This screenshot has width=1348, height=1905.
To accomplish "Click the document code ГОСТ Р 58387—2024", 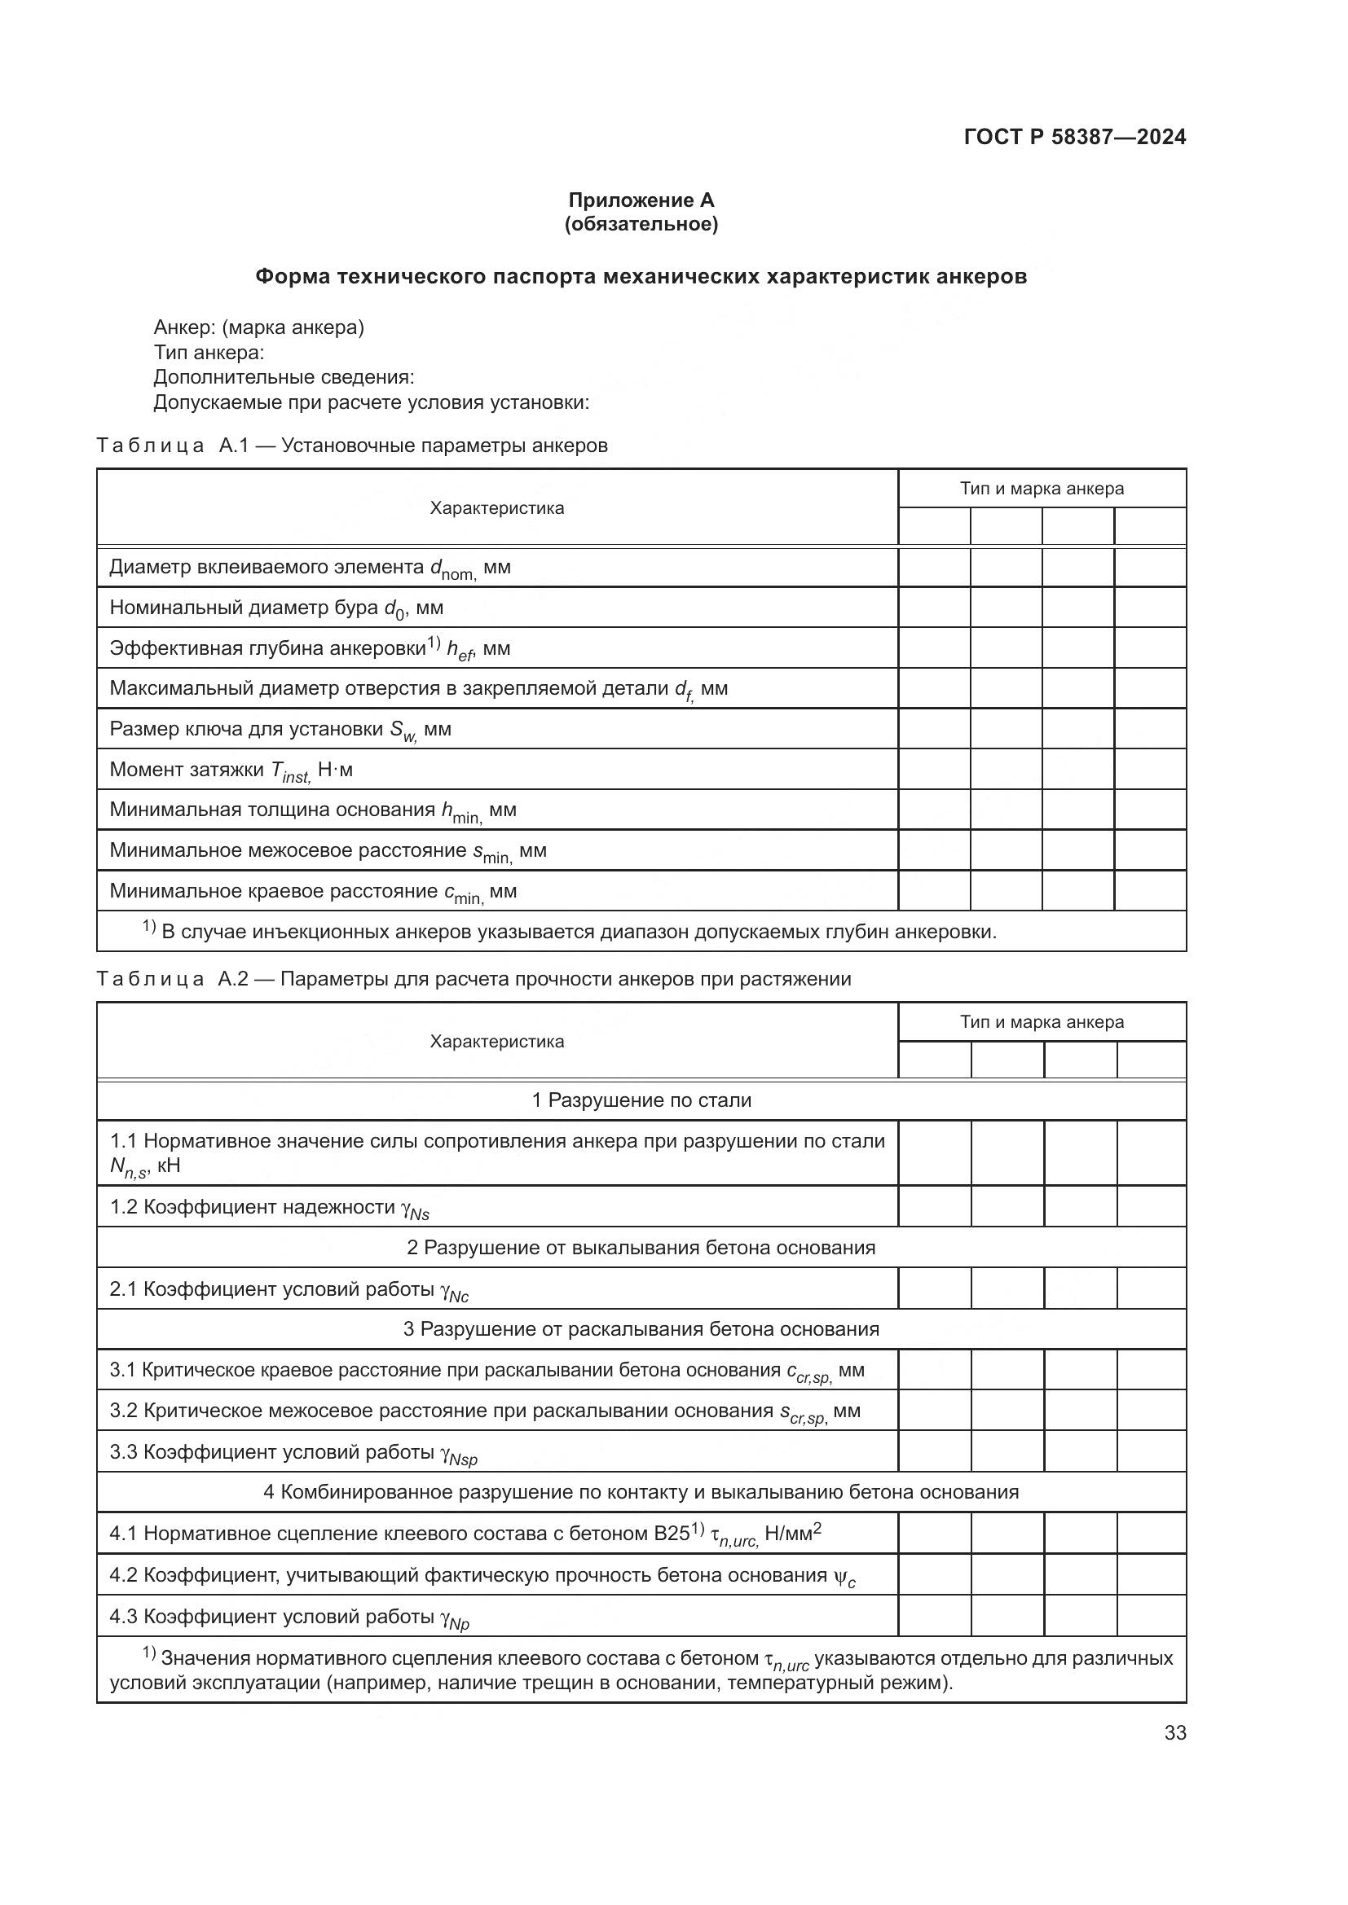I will point(1074,137).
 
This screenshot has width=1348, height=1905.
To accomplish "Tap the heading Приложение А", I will point(641,200).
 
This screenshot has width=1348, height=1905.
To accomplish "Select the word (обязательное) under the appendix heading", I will point(641,224).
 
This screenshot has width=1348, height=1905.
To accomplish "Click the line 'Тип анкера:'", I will point(209,353).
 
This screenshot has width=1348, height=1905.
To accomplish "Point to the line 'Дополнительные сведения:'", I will point(284,378).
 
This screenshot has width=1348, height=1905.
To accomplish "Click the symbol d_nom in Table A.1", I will point(452,569).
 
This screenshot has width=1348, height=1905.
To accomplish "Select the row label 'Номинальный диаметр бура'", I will point(244,608).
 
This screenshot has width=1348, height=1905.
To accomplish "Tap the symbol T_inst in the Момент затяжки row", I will point(289,771).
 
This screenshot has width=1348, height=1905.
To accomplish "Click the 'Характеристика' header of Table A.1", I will point(496,508).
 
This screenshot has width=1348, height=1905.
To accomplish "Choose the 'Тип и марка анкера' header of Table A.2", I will point(1042,1022).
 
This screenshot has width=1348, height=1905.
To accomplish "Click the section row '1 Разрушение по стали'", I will point(641,1101).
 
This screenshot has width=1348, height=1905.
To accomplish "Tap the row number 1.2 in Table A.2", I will point(124,1207).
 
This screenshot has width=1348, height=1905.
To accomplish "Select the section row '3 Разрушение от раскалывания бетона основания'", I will point(641,1329).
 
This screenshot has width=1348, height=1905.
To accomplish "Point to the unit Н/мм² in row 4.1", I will point(793,1534).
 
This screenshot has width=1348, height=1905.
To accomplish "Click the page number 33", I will point(1174,1733).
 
